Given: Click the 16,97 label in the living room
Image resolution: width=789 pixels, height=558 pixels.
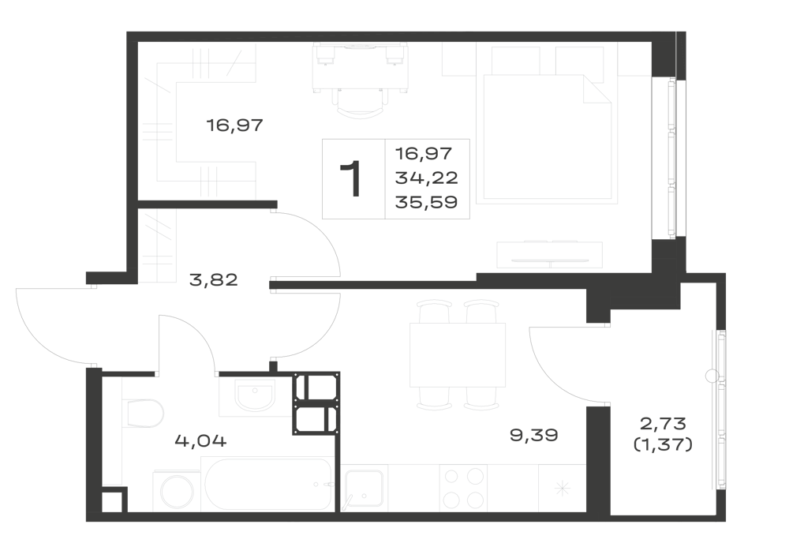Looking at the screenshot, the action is (235, 125).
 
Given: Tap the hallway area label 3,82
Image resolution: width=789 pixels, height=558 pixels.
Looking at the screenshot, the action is (213, 279).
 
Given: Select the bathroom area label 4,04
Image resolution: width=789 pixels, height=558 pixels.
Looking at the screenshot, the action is (200, 441).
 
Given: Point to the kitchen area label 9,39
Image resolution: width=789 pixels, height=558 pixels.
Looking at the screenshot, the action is (534, 435).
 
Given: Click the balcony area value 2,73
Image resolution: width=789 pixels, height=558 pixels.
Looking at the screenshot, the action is (663, 424).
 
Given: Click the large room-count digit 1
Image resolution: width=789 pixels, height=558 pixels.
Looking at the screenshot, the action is (351, 179).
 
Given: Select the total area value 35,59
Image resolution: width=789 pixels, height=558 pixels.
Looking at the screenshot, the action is (426, 202).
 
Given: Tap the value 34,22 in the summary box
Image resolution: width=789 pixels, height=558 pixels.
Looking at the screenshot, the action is (426, 178).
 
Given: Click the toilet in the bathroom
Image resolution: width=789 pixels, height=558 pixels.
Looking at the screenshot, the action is (143, 414).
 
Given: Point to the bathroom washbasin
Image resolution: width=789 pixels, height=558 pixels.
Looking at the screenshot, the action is (256, 396).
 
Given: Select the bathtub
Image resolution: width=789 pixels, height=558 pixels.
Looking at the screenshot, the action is (267, 484).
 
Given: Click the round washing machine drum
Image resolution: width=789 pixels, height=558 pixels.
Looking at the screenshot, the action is (177, 491).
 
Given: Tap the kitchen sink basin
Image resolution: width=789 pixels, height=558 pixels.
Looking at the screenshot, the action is (364, 487).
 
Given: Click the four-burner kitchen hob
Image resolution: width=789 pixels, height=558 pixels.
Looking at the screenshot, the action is (463, 488).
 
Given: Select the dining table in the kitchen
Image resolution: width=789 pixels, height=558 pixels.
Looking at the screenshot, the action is (458, 355).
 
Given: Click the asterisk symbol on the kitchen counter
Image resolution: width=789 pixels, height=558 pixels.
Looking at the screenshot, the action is (562, 487).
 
